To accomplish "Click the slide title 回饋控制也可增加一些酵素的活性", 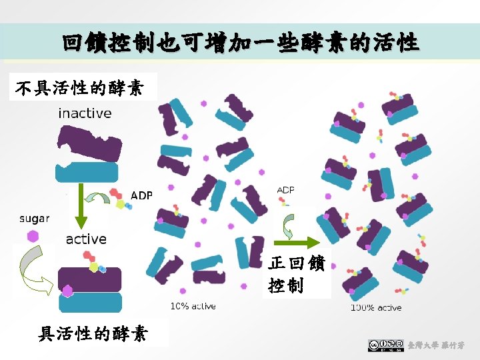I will point(240,44).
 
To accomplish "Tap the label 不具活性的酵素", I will point(79,88).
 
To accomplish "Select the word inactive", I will point(85,113).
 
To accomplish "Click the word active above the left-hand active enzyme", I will point(86,239).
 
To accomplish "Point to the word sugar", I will point(34,219).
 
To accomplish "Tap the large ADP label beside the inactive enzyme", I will point(141,195).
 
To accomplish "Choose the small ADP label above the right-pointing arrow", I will point(285,190).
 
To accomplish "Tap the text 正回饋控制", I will point(296,275).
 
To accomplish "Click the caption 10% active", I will point(193,307).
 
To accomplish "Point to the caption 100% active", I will point(376,307).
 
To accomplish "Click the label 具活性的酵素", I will point(93,333).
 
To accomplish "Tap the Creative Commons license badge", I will point(385,345).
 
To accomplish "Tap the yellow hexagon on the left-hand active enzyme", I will point(93,267).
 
